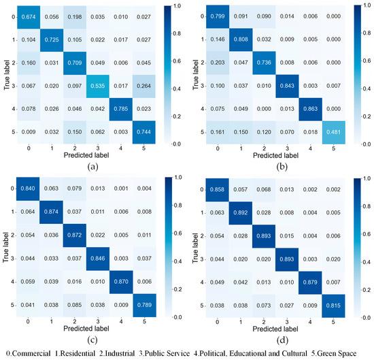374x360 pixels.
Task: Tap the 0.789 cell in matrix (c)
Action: point(129,302)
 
